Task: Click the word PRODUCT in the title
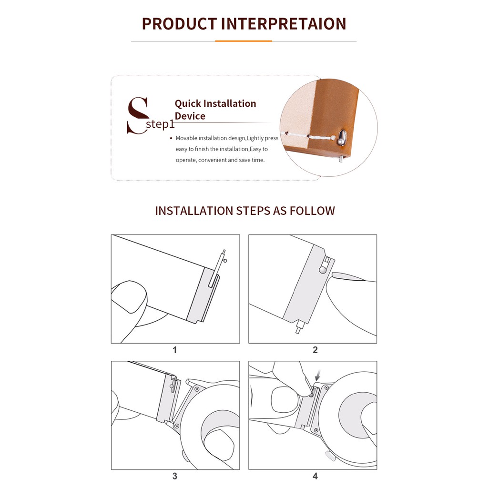[179, 24]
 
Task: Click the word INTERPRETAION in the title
[284, 24]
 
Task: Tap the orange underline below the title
[244, 41]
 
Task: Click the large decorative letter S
[137, 115]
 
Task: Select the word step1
[160, 124]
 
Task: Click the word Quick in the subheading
[188, 103]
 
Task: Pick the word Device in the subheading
[190, 116]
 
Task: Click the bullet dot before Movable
[171, 138]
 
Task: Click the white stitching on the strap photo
[308, 136]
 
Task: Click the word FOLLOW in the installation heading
[312, 211]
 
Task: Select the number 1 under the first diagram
[174, 350]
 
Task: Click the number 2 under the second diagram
[315, 350]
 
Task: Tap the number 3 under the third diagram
[174, 476]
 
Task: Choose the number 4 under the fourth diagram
[315, 476]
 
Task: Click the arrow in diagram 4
[317, 376]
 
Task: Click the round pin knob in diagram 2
[323, 270]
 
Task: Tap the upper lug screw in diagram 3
[197, 389]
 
